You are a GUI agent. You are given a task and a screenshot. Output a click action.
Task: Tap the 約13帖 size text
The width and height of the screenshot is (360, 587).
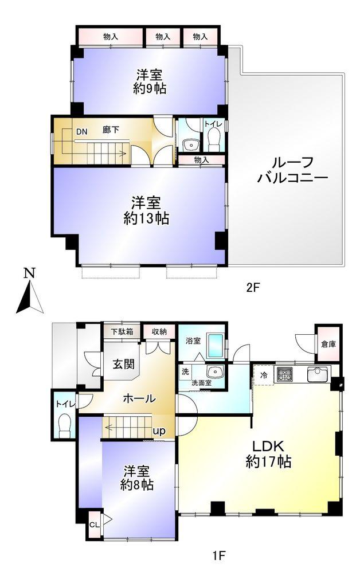click(146, 218)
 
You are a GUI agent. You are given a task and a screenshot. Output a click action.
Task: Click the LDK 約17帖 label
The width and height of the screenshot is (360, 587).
click(268, 454)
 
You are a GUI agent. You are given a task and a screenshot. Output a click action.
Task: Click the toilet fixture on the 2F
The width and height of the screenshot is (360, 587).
click(214, 139)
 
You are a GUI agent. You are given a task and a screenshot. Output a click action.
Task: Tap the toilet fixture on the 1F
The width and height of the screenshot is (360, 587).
click(65, 424)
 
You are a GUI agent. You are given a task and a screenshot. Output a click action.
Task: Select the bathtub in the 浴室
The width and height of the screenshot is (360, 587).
click(216, 346)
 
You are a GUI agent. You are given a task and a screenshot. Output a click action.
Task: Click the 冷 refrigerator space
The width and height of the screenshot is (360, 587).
click(264, 375)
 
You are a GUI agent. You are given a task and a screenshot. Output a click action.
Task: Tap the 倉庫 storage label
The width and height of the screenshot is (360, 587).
click(328, 344)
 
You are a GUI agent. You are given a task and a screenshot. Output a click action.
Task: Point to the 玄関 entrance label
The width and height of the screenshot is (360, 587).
click(124, 363)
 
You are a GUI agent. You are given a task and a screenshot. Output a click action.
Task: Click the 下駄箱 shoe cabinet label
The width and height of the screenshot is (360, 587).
click(122, 331)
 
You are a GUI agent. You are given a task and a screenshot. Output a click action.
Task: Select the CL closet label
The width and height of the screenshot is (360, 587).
click(95, 525)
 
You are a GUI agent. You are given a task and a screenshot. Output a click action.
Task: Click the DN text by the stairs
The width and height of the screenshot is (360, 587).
click(81, 131)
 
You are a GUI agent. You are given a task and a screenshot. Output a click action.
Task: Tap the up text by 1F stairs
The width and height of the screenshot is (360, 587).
click(159, 431)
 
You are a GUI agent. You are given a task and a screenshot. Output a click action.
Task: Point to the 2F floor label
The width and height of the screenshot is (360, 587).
click(253, 288)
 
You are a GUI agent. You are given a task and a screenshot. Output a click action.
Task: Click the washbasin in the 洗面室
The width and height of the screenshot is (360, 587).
click(215, 373)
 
